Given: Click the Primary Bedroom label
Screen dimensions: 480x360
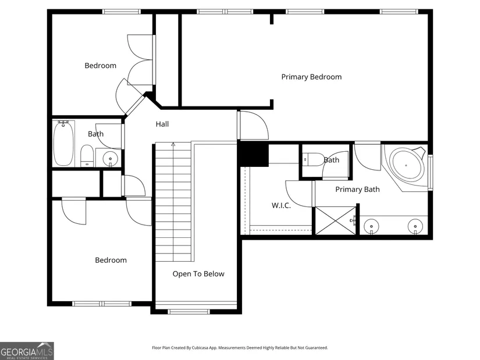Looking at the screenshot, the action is click(311, 77).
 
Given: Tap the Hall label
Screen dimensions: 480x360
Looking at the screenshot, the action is click(162, 124).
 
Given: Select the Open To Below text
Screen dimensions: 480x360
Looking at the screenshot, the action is click(198, 274).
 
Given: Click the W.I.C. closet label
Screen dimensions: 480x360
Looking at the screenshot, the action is click(281, 205).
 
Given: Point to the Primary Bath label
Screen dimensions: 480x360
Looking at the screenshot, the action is click(358, 190).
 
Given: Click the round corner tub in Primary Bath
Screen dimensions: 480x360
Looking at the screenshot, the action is click(407, 165).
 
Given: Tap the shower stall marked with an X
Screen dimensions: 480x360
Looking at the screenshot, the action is click(336, 221).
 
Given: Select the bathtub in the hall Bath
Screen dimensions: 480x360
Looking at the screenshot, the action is click(63, 143).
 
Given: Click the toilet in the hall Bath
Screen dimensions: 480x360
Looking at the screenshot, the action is click(87, 156).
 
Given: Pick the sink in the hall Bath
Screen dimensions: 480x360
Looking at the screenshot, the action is click(110, 159).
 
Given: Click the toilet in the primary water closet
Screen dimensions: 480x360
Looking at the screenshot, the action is click(313, 159).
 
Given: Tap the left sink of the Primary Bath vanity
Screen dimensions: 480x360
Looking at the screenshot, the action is click(371, 227).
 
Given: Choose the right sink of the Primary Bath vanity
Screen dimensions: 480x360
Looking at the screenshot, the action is click(415, 227).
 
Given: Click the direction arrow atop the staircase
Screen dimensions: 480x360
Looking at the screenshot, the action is click(173, 144).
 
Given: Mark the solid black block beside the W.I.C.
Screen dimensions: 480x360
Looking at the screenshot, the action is click(254, 154).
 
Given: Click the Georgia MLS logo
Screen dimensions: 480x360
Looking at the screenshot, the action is click(27, 351).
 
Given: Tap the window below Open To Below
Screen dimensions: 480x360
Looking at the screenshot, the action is click(189, 312).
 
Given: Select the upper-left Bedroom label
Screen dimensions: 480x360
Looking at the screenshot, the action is click(101, 66).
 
